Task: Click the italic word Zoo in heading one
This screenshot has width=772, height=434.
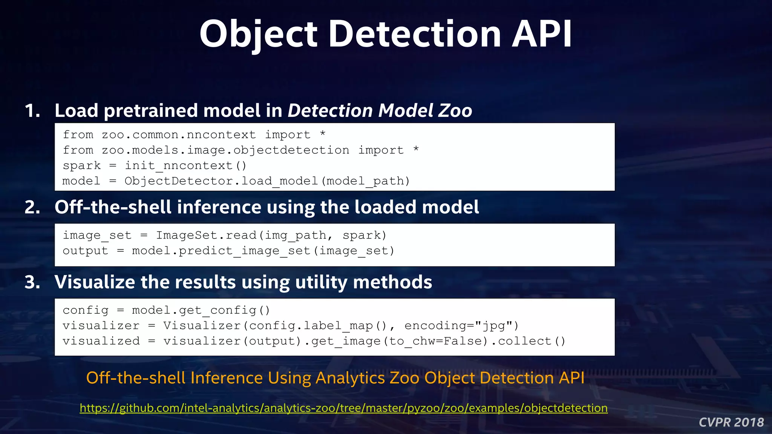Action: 455,111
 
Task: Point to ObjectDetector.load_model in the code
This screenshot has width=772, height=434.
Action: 222,181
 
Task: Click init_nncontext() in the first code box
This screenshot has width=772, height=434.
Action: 185,166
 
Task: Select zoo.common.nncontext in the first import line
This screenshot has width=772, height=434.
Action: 179,135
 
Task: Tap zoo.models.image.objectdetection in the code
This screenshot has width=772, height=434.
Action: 225,150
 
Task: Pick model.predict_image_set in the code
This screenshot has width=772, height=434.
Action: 221,251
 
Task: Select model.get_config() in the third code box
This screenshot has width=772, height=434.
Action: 201,310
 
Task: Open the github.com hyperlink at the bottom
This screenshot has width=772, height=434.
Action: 343,408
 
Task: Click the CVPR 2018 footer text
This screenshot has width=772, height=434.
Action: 731,422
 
